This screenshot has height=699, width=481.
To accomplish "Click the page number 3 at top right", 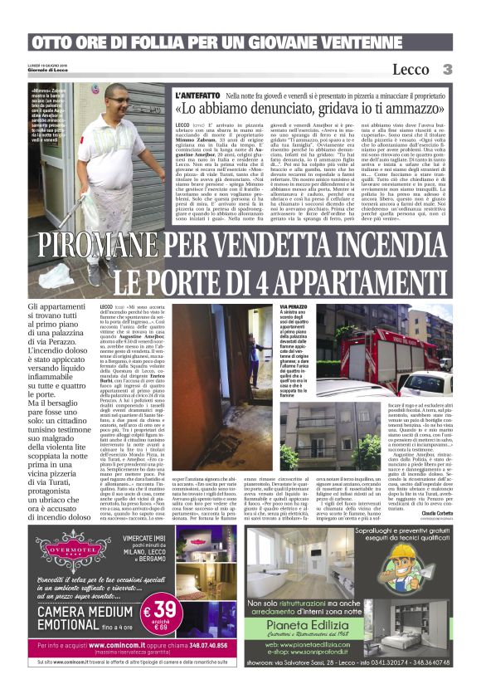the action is coord(446,69).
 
